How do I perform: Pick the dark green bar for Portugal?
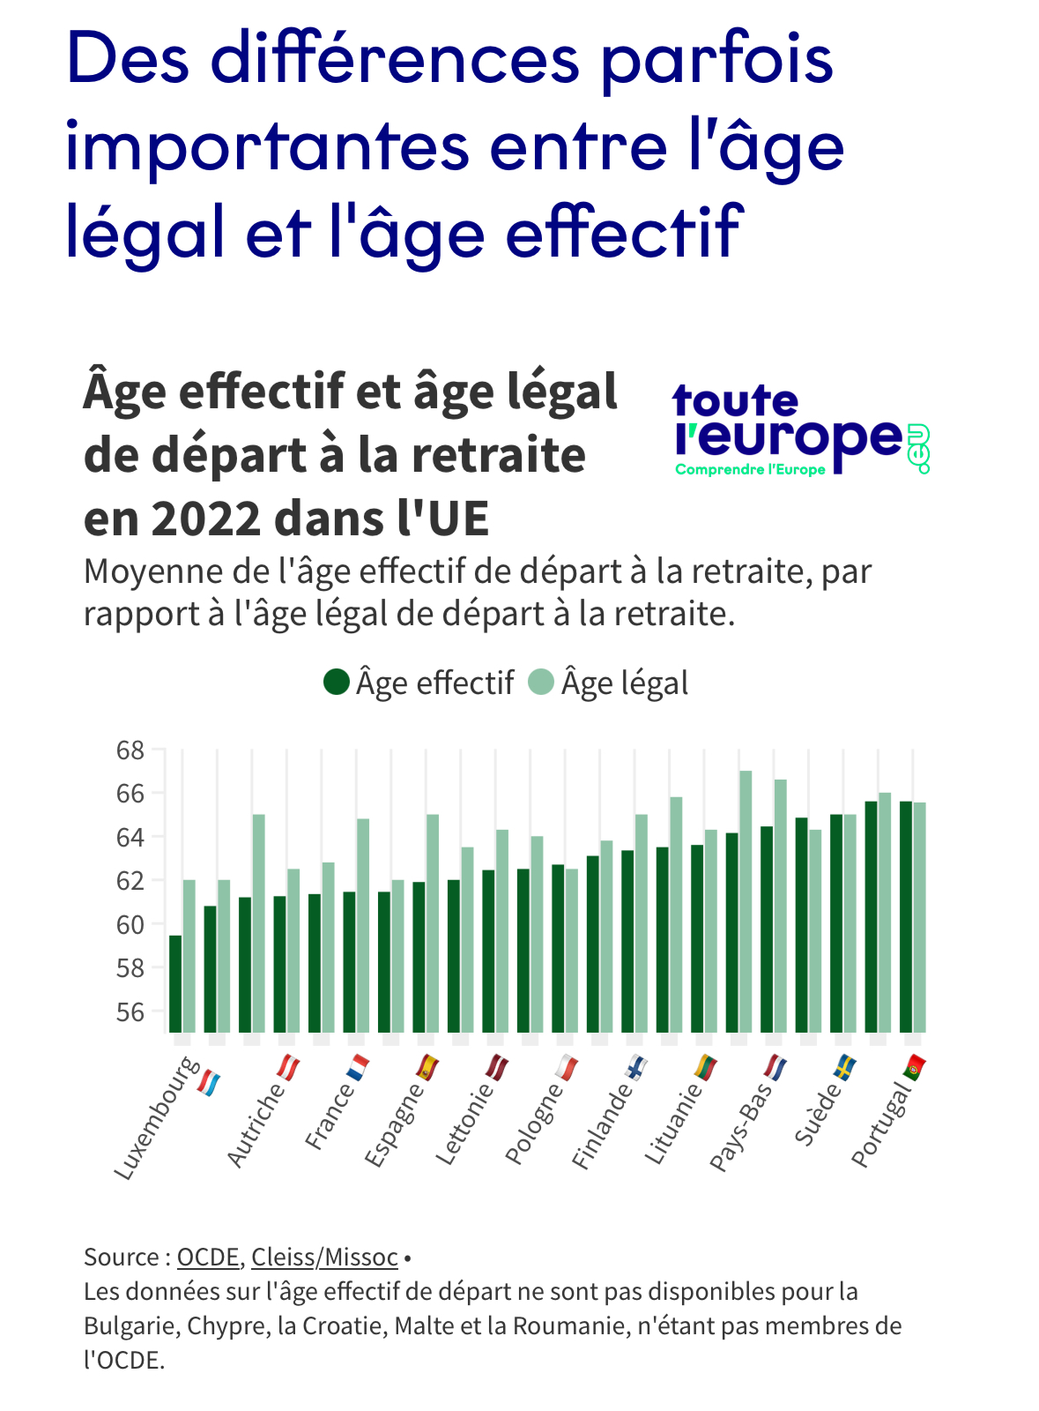[x=906, y=916]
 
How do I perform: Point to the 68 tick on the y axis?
[x=130, y=750]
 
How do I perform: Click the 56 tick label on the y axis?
[x=130, y=1012]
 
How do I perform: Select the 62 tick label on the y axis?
[x=130, y=881]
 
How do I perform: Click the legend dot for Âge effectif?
[x=337, y=682]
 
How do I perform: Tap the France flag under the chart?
[x=357, y=1068]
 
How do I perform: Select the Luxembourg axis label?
[x=157, y=1120]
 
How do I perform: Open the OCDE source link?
[x=208, y=1257]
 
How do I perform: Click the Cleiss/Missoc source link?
[x=324, y=1257]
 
